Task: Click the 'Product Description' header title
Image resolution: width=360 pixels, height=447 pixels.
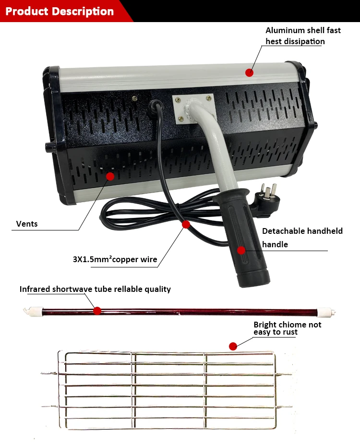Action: [60, 11]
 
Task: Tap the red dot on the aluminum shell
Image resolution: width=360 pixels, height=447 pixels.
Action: [249, 72]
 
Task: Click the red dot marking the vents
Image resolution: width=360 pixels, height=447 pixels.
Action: [110, 176]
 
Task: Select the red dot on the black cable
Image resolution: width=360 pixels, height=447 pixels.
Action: [186, 224]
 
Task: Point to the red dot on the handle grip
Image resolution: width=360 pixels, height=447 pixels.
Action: [241, 250]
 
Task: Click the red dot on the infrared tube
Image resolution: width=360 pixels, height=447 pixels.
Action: [97, 311]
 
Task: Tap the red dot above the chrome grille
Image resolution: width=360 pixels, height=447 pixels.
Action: [233, 346]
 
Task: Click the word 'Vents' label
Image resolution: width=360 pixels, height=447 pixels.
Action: [27, 224]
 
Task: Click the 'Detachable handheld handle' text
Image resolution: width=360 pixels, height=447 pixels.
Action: [302, 238]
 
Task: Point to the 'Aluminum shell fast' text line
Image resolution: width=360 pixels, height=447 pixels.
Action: [303, 30]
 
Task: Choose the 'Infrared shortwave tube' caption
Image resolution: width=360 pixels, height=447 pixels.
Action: [95, 289]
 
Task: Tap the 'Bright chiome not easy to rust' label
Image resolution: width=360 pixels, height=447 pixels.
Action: [287, 328]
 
